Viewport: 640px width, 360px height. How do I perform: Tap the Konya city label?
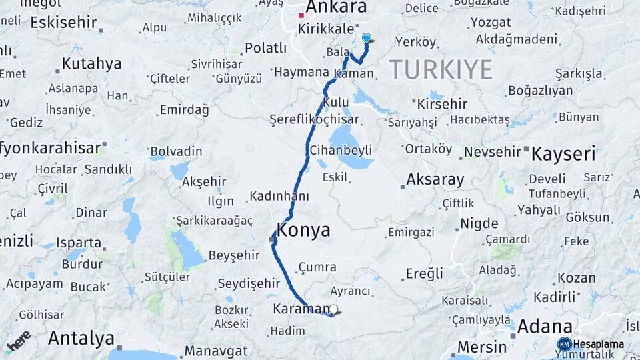[x=303, y=231]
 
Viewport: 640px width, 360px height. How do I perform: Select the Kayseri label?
[x=563, y=155]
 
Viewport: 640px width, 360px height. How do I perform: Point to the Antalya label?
[x=81, y=338]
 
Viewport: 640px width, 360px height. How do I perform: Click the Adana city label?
[x=545, y=326]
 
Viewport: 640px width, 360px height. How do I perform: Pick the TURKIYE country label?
[x=441, y=69]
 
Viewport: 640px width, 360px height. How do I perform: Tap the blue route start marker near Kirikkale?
[x=366, y=38]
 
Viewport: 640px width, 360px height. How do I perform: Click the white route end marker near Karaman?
[x=334, y=309]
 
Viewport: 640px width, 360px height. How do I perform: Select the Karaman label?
[x=301, y=309]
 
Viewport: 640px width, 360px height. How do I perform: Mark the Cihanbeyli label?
[x=341, y=151]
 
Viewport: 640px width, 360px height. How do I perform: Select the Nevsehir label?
[x=491, y=152]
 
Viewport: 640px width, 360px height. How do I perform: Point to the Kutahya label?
[x=91, y=64]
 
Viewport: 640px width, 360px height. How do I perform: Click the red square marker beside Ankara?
[x=301, y=15]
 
